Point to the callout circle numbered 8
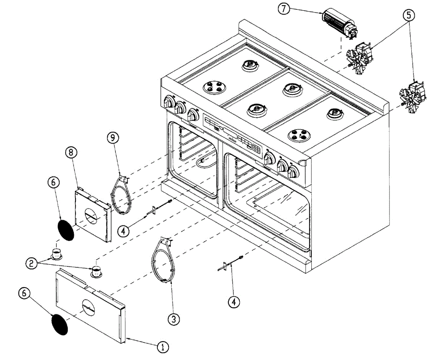click(71, 153)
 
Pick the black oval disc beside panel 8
click(66, 230)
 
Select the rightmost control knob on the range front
click(293, 173)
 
